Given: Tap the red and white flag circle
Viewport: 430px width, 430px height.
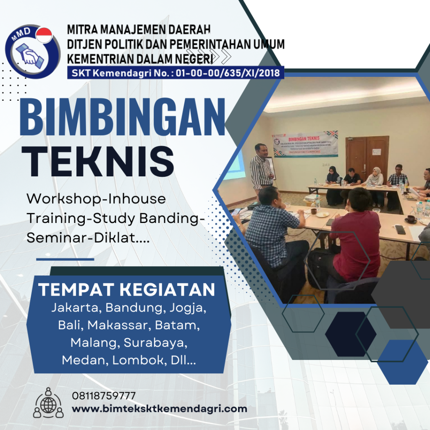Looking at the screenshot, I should (x=44, y=35).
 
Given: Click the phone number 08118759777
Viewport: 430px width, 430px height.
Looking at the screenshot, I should (x=104, y=396).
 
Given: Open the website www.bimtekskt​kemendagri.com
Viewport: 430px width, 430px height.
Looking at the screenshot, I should (x=160, y=409).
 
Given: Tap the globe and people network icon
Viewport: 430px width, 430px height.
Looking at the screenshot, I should (x=48, y=403).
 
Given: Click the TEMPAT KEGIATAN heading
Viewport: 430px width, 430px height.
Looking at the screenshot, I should (x=127, y=289).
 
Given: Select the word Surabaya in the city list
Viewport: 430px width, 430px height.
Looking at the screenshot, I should (x=155, y=343).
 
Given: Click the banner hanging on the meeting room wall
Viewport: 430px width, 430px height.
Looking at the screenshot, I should (x=305, y=144).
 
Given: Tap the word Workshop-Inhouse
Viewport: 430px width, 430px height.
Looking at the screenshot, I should (x=96, y=198).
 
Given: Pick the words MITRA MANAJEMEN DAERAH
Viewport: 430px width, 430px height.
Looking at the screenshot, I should (x=139, y=30).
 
